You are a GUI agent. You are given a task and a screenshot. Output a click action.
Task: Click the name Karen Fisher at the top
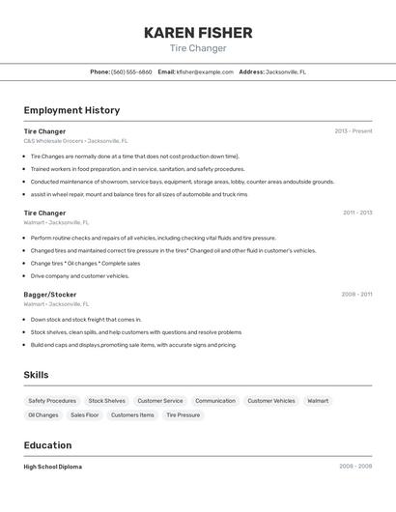[x=198, y=33]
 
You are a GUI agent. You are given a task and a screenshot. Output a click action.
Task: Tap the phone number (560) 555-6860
[x=131, y=72]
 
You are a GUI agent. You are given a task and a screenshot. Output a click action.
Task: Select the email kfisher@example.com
[x=204, y=72]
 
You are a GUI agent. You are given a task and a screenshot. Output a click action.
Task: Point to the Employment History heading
[x=71, y=110]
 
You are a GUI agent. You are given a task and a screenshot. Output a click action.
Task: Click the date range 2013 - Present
[x=354, y=131]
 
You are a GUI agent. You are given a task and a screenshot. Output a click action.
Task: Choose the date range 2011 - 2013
[x=356, y=213]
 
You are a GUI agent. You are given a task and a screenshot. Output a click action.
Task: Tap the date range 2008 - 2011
[x=356, y=294]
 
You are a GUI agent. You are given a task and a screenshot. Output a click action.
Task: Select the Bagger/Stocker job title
[x=50, y=294]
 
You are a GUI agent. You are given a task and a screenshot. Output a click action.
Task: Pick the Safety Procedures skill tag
[x=52, y=401]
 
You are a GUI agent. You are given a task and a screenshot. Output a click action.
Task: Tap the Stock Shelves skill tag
[x=106, y=401]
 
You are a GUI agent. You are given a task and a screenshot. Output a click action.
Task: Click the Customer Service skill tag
[x=159, y=401]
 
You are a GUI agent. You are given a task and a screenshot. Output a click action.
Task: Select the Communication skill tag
[x=214, y=401]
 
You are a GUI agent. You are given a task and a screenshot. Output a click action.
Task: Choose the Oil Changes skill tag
[x=43, y=415]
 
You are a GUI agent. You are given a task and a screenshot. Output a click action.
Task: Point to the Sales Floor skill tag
[x=85, y=415]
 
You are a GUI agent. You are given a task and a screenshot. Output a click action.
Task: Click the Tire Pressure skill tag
[x=183, y=415]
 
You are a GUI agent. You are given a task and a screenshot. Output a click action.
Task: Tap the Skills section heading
[x=36, y=375]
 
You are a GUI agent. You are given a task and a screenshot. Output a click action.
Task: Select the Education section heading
[x=47, y=445]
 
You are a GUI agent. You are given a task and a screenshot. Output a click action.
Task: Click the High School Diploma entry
[x=53, y=467]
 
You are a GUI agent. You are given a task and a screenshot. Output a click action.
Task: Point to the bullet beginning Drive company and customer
[x=79, y=276]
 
